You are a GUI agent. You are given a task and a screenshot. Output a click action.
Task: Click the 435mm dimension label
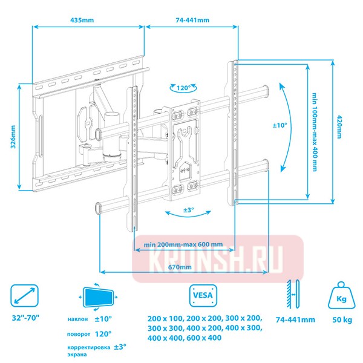point(82,20)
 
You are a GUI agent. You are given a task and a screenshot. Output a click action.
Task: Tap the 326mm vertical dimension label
point(13,137)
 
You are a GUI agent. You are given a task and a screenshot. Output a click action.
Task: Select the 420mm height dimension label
point(339,127)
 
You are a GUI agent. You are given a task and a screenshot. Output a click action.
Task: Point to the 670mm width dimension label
point(180,267)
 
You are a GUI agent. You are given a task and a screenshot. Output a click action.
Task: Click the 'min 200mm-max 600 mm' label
point(183,244)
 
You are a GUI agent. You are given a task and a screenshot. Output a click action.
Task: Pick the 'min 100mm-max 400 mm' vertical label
point(314,132)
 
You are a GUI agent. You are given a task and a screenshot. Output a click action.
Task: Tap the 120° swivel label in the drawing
point(183,88)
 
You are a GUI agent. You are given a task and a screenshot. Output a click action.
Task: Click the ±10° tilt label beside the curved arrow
point(280,125)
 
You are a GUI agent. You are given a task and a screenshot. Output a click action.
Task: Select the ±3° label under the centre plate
point(189,210)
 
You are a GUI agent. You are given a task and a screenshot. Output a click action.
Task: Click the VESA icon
point(203,296)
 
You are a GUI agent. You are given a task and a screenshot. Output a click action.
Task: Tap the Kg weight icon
point(341,295)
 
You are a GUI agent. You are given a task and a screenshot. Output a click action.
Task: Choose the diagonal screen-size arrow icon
point(24,296)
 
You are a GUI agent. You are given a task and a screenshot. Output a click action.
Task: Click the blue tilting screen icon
point(98,297)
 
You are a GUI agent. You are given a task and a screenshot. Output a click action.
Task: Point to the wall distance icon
point(293,294)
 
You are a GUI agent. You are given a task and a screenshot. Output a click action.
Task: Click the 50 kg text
point(342,320)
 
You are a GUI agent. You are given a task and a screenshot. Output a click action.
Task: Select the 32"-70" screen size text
point(25,318)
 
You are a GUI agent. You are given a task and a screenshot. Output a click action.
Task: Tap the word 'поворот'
point(79,335)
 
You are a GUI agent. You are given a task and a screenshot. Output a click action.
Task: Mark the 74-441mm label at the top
point(192,20)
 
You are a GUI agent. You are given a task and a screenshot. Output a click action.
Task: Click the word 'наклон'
point(78,319)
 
